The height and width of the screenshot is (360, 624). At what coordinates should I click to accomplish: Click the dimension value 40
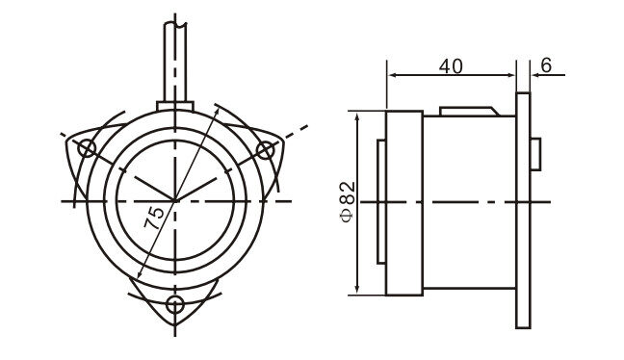pyautogui.click(x=451, y=66)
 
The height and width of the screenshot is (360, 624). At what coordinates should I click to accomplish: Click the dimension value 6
pyautogui.click(x=546, y=65)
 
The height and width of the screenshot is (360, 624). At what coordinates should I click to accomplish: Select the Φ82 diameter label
pyautogui.click(x=348, y=202)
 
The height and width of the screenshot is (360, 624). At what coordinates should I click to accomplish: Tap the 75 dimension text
pyautogui.click(x=154, y=218)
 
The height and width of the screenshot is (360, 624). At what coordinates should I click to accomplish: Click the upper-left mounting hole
pyautogui.click(x=87, y=149)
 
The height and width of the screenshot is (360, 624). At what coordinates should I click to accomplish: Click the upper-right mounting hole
pyautogui.click(x=265, y=151)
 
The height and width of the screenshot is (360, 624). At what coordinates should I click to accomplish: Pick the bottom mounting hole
pyautogui.click(x=175, y=305)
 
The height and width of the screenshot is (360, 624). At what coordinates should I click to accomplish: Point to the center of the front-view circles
pyautogui.click(x=175, y=201)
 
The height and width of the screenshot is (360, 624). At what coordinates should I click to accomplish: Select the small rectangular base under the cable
pyautogui.click(x=175, y=106)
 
